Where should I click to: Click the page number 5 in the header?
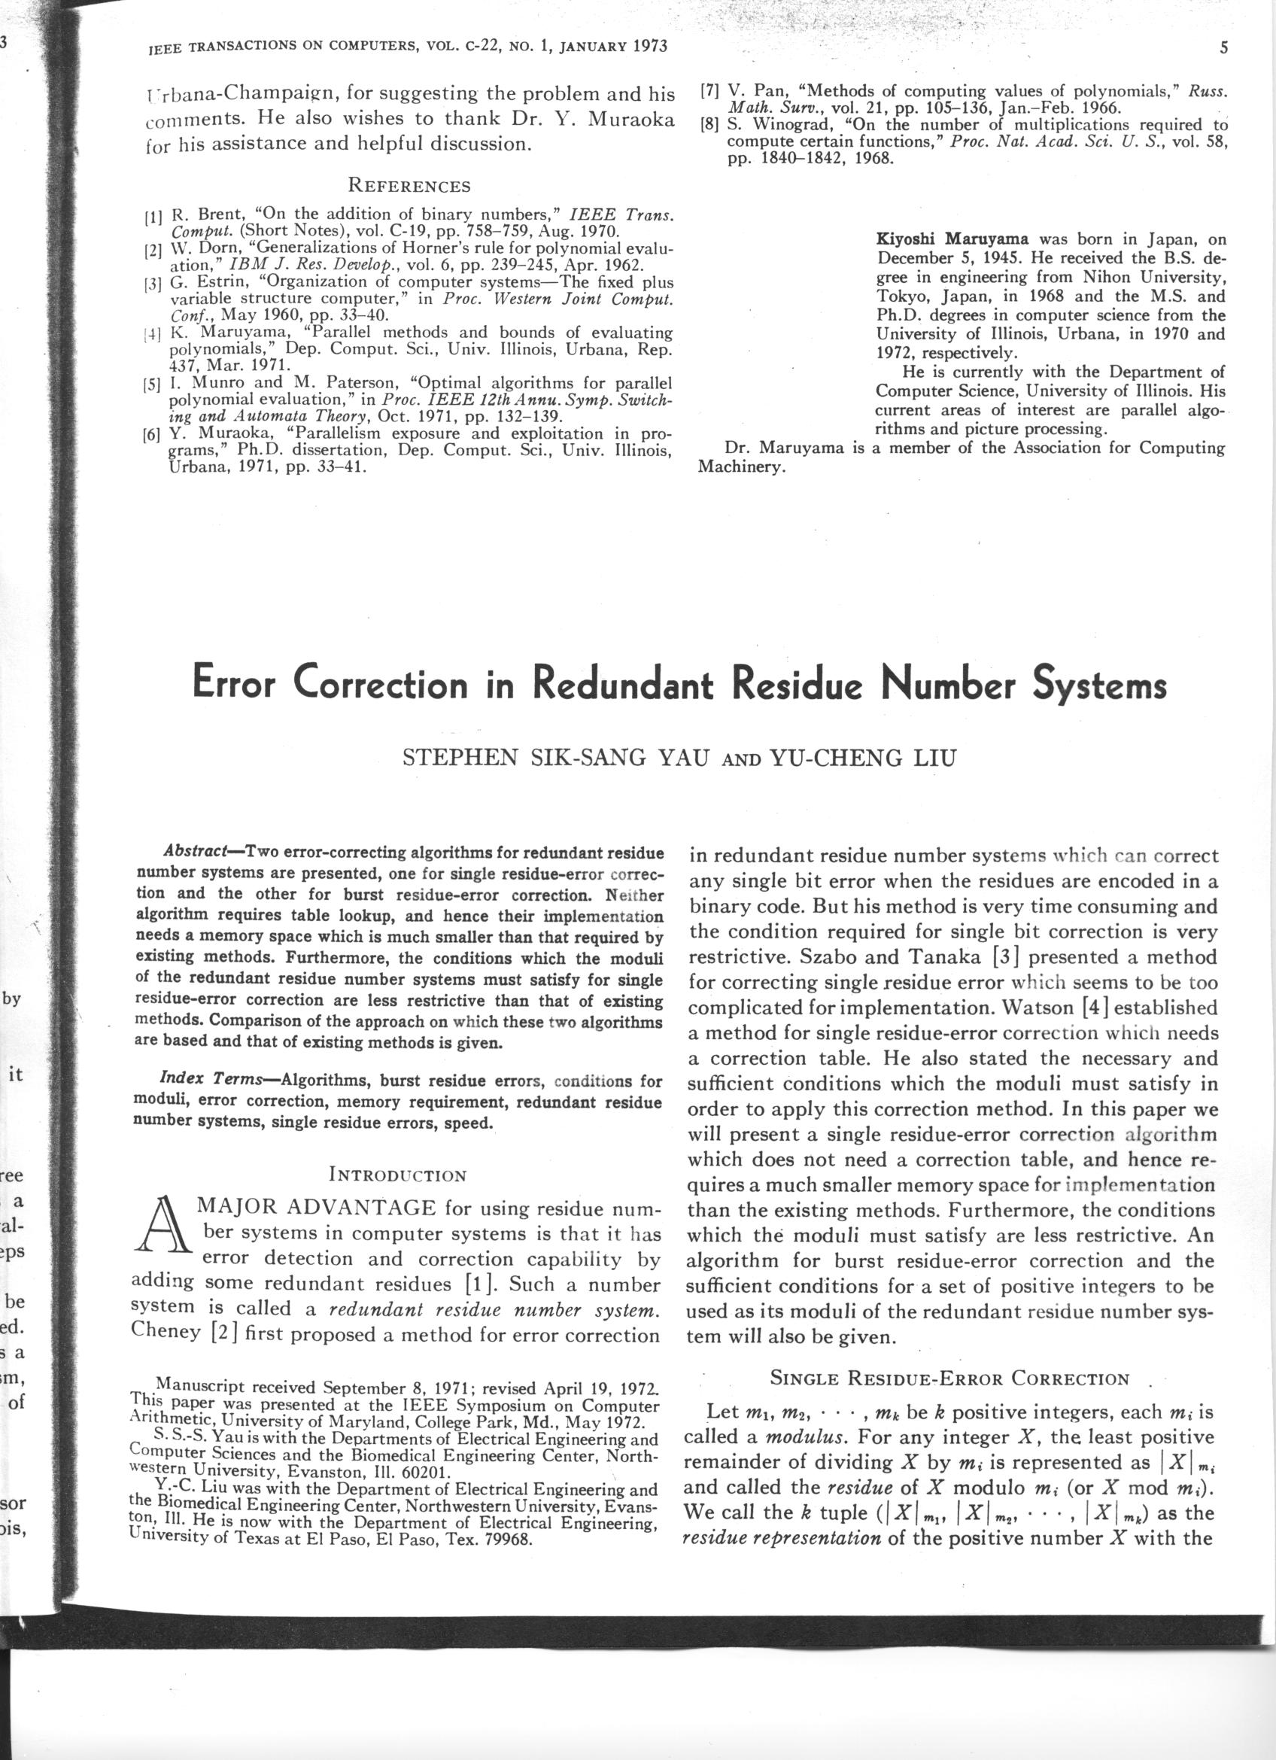pos(1223,48)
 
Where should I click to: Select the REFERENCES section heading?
pos(409,187)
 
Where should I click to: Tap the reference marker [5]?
pos(151,383)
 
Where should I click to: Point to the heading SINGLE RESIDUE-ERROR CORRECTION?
pos(949,1379)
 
